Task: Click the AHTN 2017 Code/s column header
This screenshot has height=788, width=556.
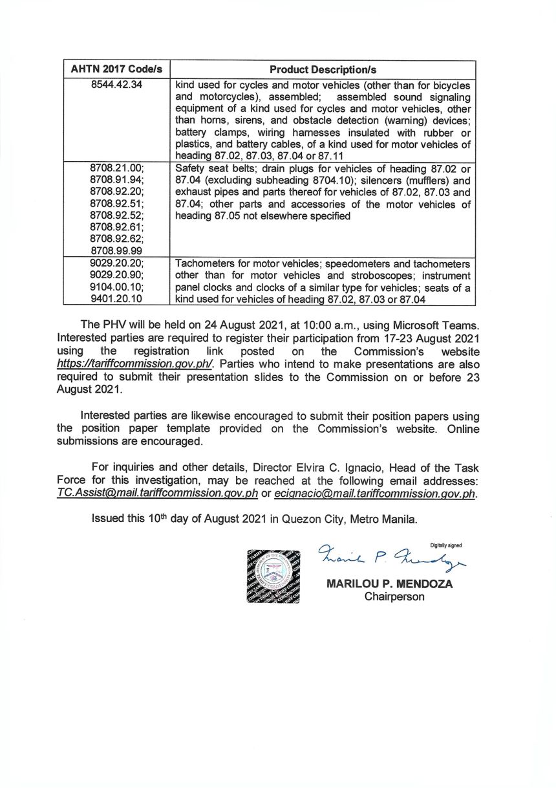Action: coord(116,69)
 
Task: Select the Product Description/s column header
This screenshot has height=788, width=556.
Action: coord(323,69)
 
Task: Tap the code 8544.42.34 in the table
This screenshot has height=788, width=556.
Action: coord(116,85)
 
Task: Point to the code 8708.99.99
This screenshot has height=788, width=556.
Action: coord(116,250)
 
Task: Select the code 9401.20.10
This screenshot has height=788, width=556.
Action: coord(116,299)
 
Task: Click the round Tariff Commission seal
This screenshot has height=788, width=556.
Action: coord(273,576)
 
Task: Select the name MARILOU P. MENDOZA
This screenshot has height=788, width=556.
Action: coord(390,584)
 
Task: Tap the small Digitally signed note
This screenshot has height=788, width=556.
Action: coord(445,545)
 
